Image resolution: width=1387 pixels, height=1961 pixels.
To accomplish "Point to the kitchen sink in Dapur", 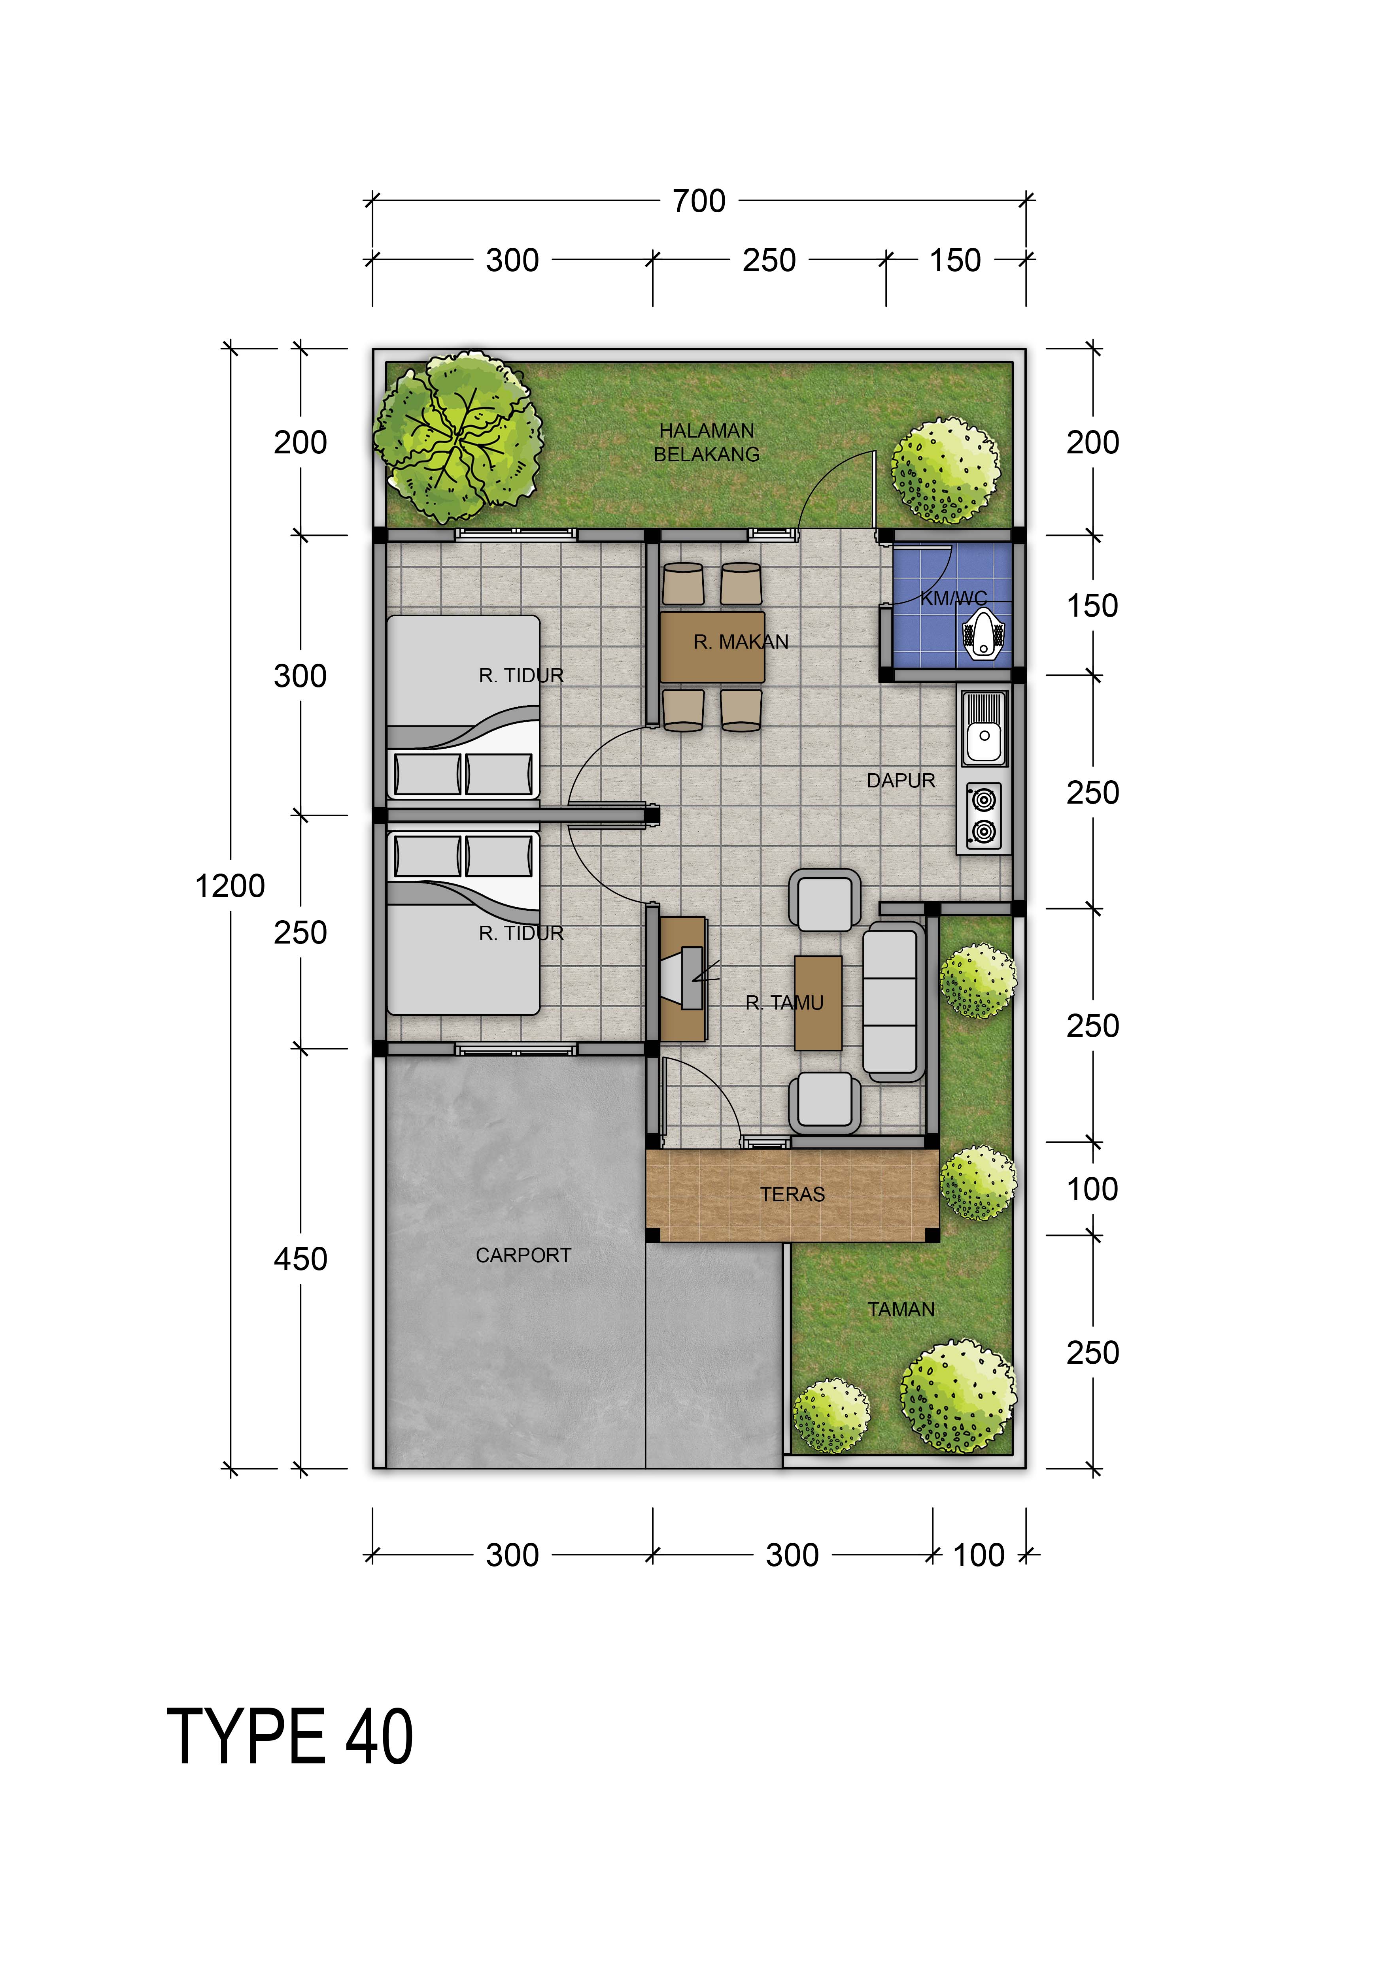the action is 985,728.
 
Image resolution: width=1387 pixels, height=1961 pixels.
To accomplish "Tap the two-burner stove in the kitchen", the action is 983,815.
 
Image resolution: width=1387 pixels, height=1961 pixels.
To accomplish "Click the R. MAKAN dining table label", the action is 741,642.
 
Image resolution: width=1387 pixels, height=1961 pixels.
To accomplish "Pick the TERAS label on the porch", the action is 793,1194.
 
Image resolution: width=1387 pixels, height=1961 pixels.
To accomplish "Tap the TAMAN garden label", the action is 901,1309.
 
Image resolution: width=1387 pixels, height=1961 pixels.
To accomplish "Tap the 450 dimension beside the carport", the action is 300,1259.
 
